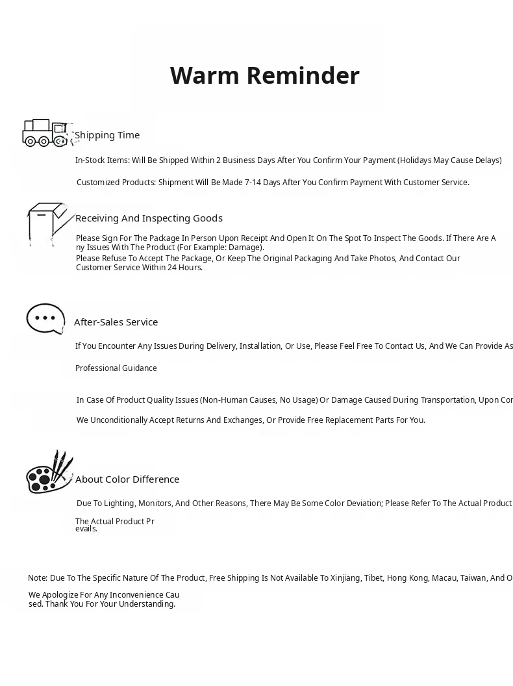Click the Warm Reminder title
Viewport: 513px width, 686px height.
coord(264,76)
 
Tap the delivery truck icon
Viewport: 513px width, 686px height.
coord(45,133)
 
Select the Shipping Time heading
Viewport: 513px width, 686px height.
coord(107,135)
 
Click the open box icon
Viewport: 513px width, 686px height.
coord(47,223)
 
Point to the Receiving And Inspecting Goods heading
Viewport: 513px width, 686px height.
coord(149,218)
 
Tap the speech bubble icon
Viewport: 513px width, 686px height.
coord(45,318)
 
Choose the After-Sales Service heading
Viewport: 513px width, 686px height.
coord(116,322)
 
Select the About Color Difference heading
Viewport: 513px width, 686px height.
coord(127,479)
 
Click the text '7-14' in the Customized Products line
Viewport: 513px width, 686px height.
coord(253,183)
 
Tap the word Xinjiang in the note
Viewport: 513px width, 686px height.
coord(345,578)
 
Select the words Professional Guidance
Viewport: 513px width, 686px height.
coord(116,368)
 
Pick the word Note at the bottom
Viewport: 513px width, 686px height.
coord(37,578)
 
